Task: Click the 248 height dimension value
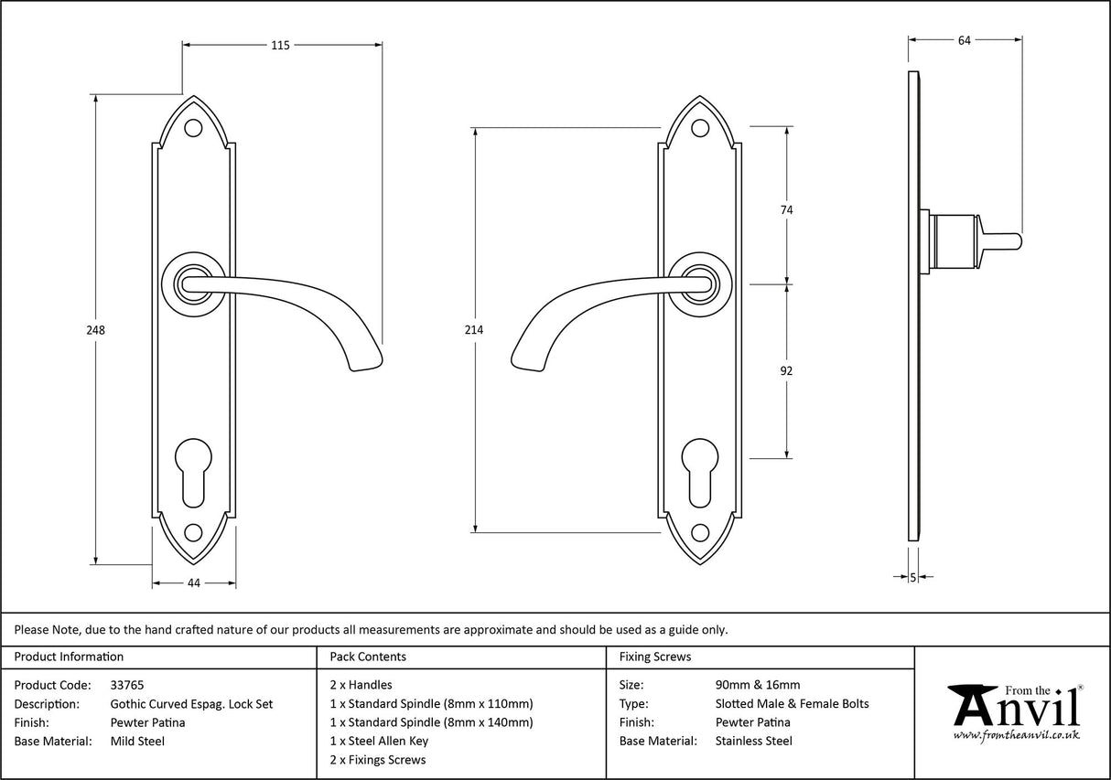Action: coord(95,330)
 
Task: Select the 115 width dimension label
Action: coord(280,45)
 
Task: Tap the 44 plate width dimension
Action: coord(193,582)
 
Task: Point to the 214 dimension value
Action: coord(474,330)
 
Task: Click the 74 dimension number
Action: coord(785,210)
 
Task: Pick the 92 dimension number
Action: coord(785,371)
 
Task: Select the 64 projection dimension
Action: coord(964,39)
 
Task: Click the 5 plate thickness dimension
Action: coord(913,577)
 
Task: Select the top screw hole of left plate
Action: coord(193,128)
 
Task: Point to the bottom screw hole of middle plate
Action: coord(700,531)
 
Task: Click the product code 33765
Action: coord(126,685)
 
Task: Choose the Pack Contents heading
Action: coord(367,657)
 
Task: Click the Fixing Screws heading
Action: coord(655,657)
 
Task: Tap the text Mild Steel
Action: coord(137,742)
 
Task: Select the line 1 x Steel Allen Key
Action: coord(379,742)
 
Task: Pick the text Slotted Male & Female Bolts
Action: coord(792,704)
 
